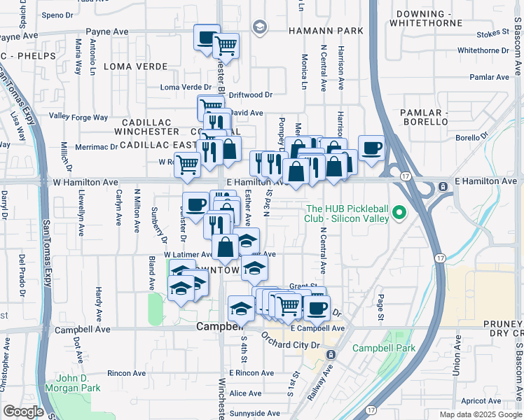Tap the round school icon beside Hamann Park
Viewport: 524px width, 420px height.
pyautogui.click(x=260, y=27)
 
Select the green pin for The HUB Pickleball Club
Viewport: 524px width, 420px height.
pyautogui.click(x=399, y=211)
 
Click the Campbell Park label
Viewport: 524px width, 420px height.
pyautogui.click(x=383, y=348)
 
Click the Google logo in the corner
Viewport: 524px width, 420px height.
pyautogui.click(x=23, y=412)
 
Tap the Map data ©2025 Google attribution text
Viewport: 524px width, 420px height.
pyautogui.click(x=481, y=414)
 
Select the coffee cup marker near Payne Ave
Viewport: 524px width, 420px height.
pyautogui.click(x=206, y=38)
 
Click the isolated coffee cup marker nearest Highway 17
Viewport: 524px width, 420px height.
pyautogui.click(x=371, y=148)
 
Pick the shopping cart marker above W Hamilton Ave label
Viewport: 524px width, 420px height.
pyautogui.click(x=187, y=164)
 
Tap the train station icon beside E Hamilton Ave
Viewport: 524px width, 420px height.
pyautogui.click(x=443, y=187)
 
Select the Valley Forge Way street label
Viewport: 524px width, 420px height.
pyautogui.click(x=76, y=116)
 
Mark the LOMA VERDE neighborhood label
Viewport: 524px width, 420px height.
pyautogui.click(x=135, y=66)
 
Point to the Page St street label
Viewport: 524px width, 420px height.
pyautogui.click(x=380, y=307)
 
